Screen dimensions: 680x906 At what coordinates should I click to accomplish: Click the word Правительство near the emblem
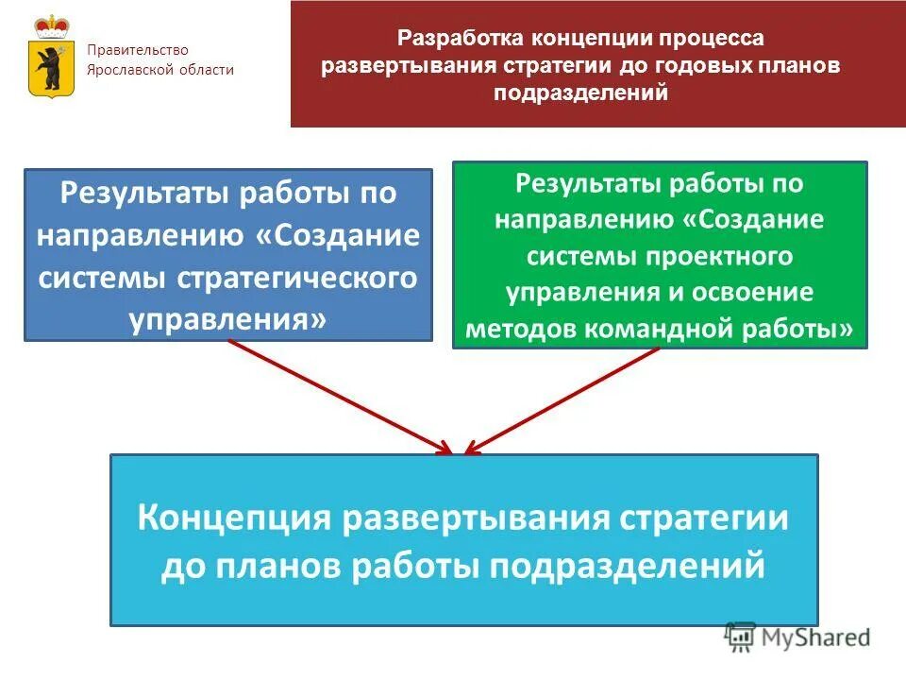pyautogui.click(x=138, y=50)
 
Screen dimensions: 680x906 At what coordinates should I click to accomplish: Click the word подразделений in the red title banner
pyautogui.click(x=580, y=93)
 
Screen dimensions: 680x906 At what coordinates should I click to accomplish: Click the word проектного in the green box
pyautogui.click(x=722, y=256)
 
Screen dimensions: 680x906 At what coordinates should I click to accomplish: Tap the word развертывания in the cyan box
pyautogui.click(x=475, y=518)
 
